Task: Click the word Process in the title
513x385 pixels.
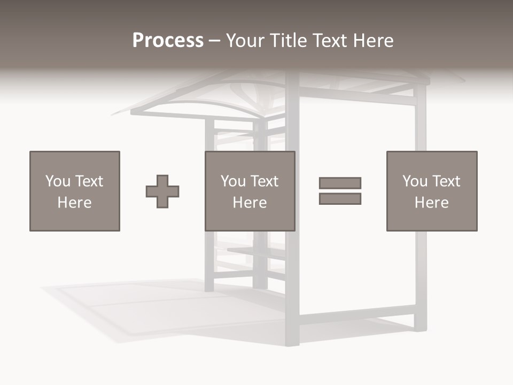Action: (x=168, y=41)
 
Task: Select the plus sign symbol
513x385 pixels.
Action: (x=162, y=191)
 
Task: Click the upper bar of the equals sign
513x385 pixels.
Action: (x=340, y=183)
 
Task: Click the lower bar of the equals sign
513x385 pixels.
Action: (x=340, y=199)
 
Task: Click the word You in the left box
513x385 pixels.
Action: (x=58, y=181)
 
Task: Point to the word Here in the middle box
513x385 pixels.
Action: (x=250, y=203)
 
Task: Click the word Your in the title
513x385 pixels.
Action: (x=245, y=41)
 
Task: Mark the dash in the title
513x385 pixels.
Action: (x=214, y=41)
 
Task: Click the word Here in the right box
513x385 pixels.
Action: (x=432, y=203)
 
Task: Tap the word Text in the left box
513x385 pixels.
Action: (x=89, y=181)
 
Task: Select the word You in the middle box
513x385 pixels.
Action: (x=233, y=181)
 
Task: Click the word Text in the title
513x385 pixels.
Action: (x=327, y=41)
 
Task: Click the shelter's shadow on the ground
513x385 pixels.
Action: (x=134, y=310)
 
